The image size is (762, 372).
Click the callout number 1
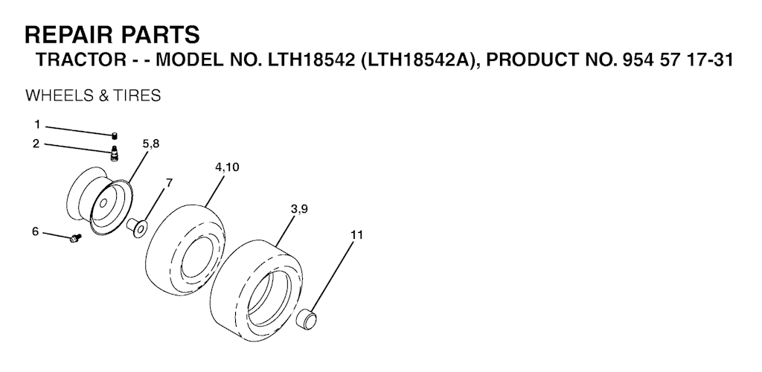37,125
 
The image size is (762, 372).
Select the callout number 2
36,144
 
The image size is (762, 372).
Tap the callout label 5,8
150,144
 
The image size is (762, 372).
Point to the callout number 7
169,183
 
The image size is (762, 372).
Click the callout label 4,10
227,167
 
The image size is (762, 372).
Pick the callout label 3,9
299,209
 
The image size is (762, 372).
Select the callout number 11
356,235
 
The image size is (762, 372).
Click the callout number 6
35,231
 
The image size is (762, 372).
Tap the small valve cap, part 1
115,135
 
